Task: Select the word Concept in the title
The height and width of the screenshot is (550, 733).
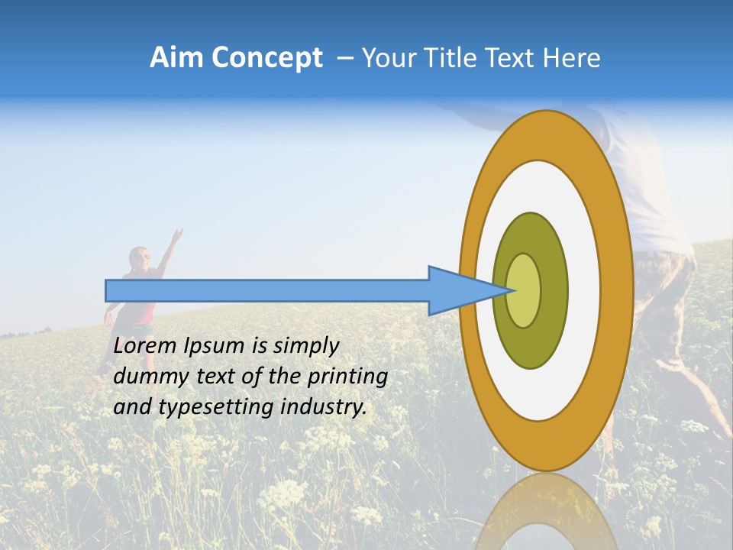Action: point(266,59)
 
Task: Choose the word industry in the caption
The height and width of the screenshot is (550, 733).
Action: point(324,407)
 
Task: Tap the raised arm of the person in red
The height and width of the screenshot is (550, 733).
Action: point(170,248)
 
